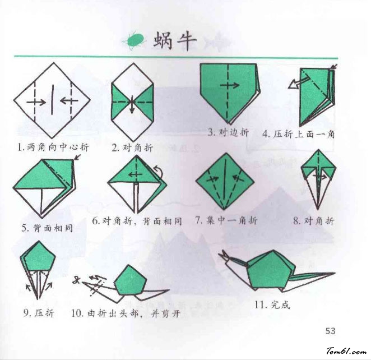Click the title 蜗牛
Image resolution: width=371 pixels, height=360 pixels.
(x=175, y=41)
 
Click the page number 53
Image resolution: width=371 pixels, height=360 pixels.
(x=330, y=331)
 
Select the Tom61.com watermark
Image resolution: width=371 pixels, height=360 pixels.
(x=346, y=351)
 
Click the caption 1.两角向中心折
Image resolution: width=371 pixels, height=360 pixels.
(x=53, y=147)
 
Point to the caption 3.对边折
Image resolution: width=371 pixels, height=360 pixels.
(x=229, y=132)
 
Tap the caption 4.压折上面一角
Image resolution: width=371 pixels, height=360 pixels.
(x=299, y=134)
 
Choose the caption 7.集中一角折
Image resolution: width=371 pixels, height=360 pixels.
(x=226, y=220)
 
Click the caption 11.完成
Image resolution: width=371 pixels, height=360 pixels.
(x=272, y=304)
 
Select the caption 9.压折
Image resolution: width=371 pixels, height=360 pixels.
(x=39, y=313)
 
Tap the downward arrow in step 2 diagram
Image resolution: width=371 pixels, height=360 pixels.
(x=132, y=104)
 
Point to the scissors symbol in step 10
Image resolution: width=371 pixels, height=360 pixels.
(x=76, y=280)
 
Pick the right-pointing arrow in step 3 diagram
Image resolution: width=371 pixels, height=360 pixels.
(x=230, y=85)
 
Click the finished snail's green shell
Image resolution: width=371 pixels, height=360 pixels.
(x=270, y=270)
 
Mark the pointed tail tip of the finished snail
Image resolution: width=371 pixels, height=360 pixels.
(x=335, y=273)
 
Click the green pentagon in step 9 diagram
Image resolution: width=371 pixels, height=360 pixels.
(x=39, y=257)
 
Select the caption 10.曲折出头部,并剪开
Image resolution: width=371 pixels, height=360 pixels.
(x=126, y=313)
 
